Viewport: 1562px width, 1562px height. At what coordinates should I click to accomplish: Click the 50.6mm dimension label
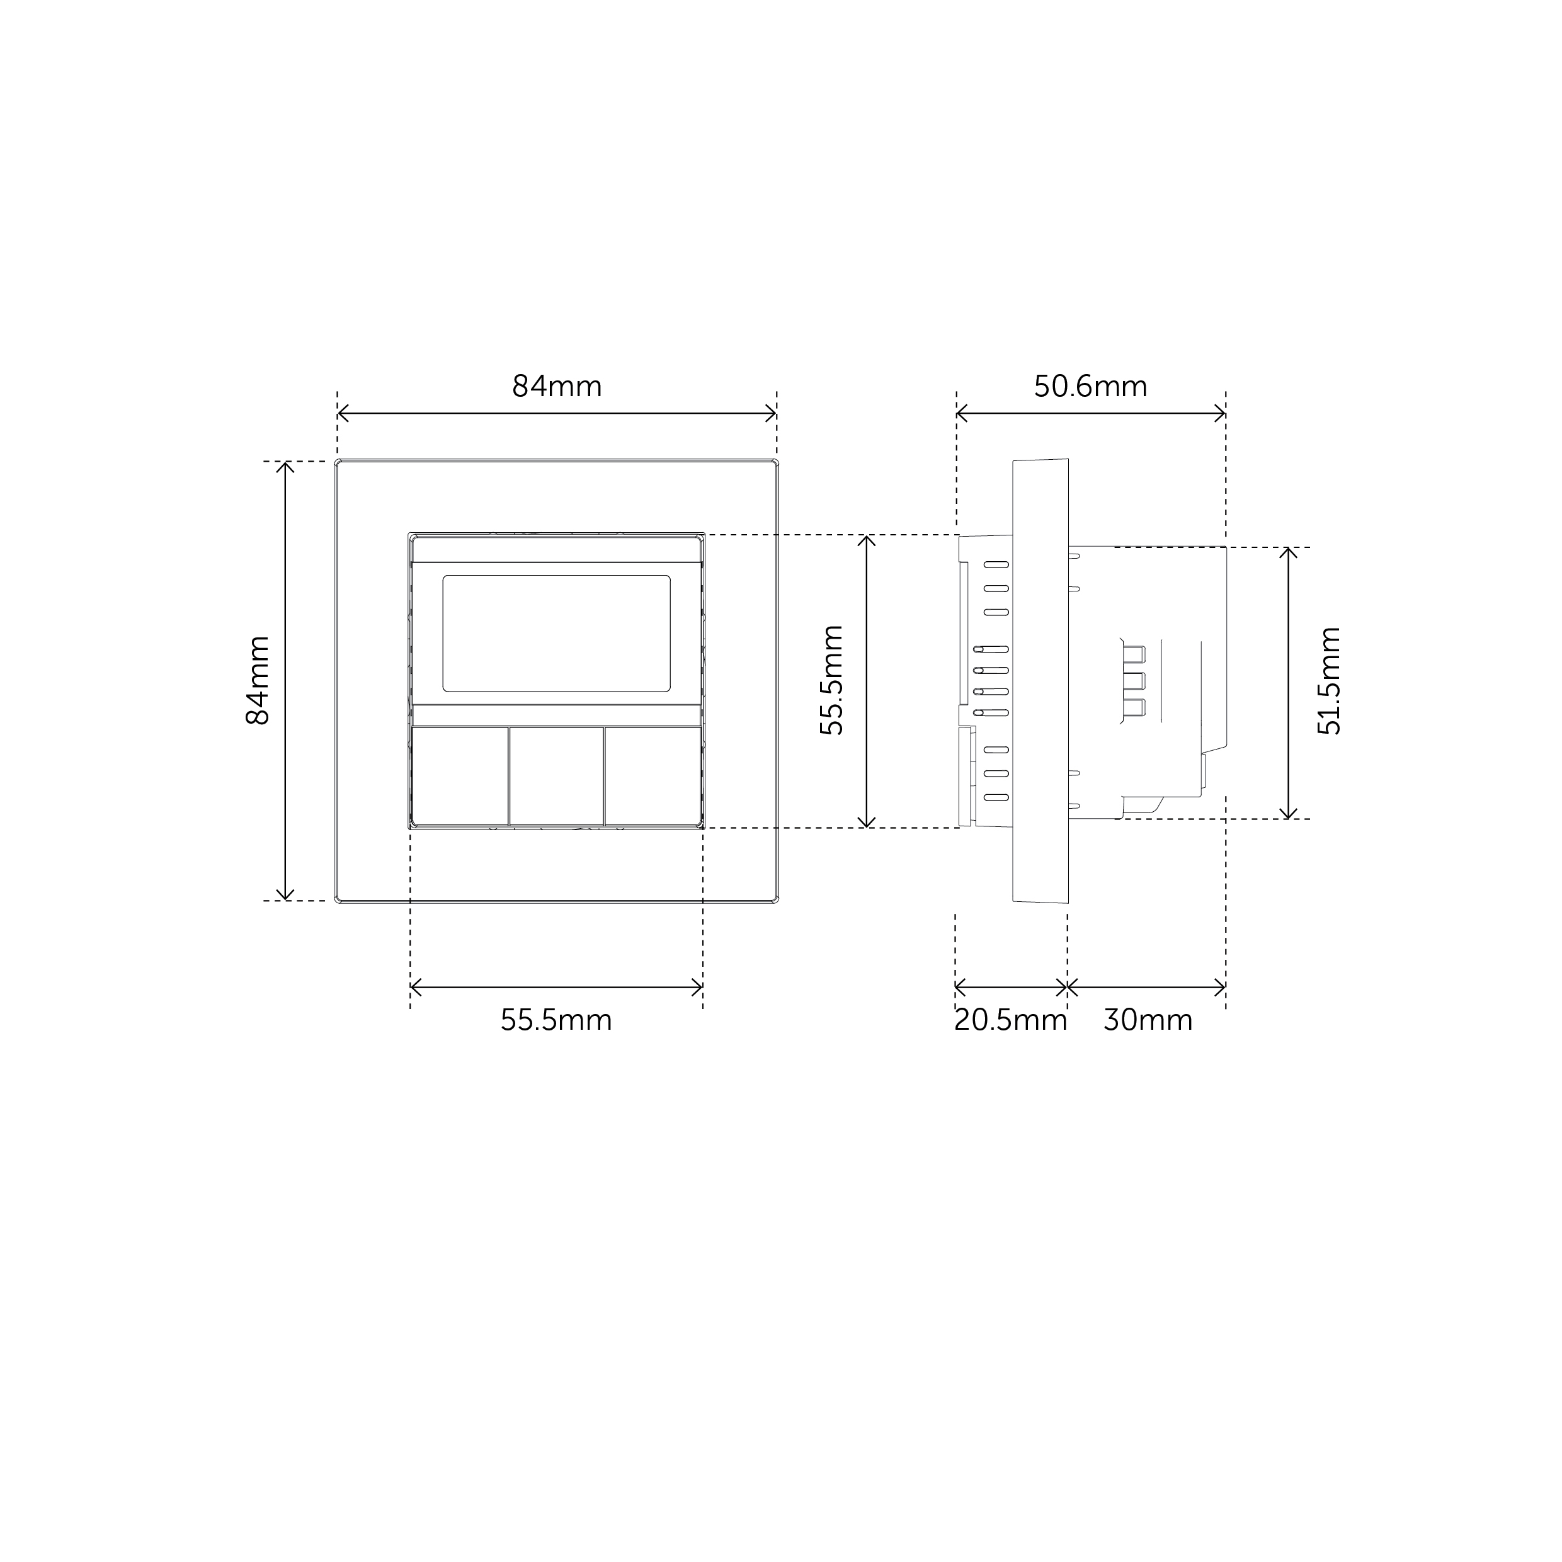click(x=1091, y=387)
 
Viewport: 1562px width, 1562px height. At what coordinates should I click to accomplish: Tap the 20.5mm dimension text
click(x=1011, y=1020)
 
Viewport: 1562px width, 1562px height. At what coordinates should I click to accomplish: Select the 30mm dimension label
click(x=1148, y=1020)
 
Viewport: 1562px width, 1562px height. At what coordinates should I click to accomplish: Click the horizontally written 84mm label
click(x=557, y=387)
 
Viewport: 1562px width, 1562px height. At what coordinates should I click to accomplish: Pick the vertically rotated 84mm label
click(x=258, y=680)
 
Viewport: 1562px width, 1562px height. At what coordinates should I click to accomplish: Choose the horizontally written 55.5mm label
click(x=556, y=1020)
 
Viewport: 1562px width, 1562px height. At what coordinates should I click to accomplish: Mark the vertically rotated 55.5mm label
click(x=832, y=680)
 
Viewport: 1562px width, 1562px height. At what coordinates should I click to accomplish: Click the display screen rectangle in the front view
click(x=556, y=634)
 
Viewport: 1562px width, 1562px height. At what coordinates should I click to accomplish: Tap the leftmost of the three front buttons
click(x=460, y=775)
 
